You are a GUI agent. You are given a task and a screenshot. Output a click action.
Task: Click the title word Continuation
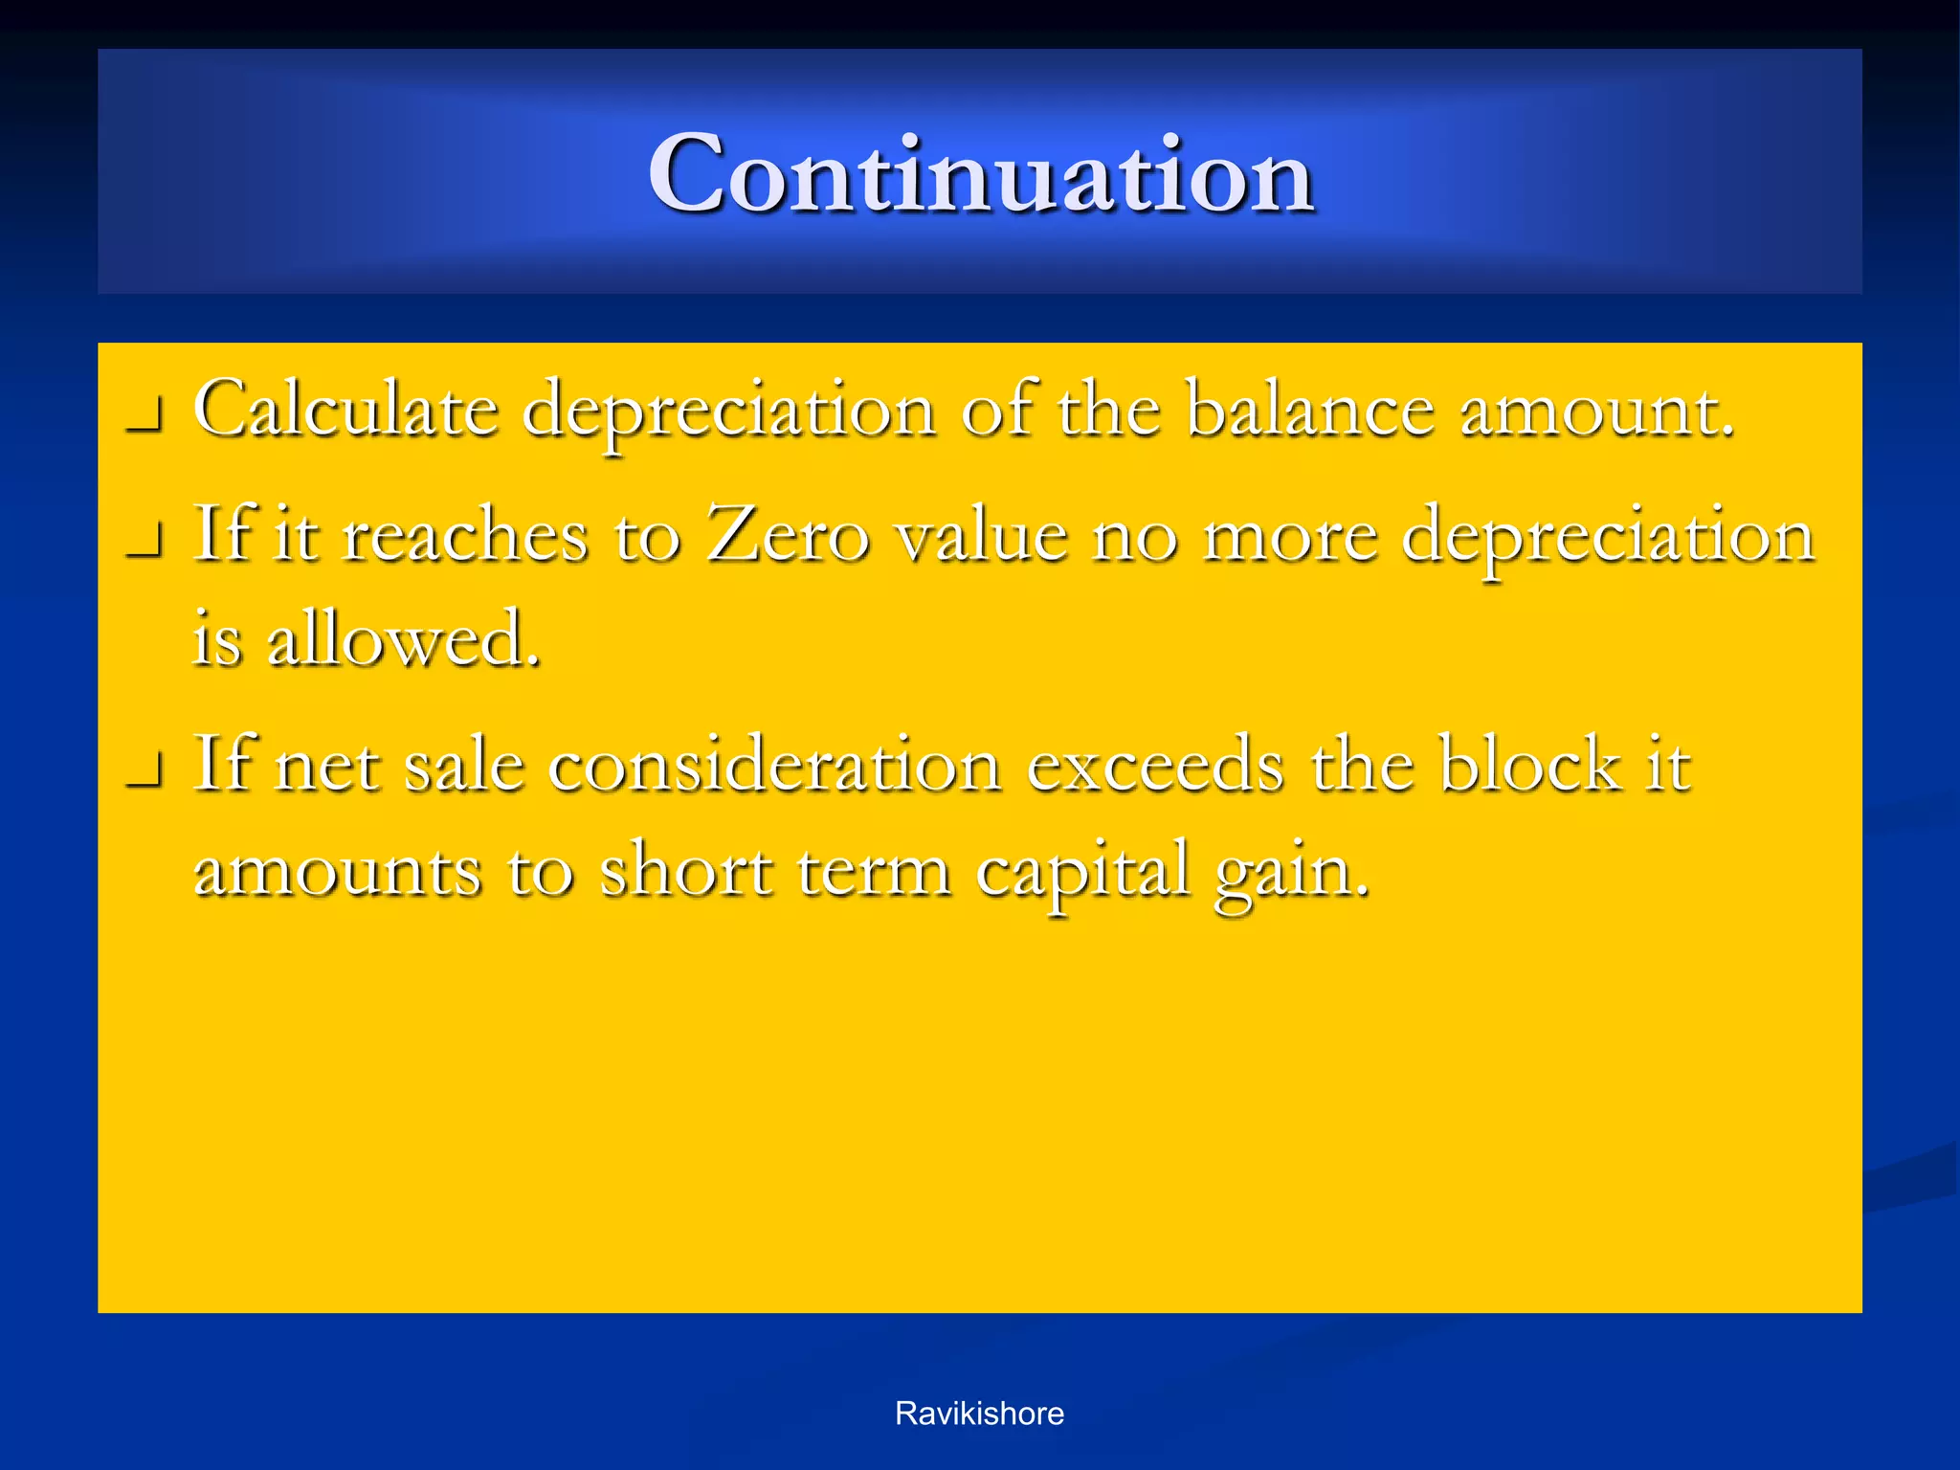pyautogui.click(x=980, y=175)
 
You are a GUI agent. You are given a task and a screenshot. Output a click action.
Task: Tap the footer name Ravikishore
pyautogui.click(x=979, y=1414)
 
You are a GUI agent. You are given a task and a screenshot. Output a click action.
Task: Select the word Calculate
pyautogui.click(x=345, y=410)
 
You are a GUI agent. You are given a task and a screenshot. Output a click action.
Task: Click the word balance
pyautogui.click(x=1309, y=410)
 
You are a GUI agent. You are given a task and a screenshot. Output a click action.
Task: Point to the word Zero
pyautogui.click(x=788, y=534)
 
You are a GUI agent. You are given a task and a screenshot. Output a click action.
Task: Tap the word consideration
pyautogui.click(x=775, y=765)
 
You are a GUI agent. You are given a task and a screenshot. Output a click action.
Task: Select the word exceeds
pyautogui.click(x=1155, y=765)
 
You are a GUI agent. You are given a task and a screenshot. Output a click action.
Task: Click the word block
pyautogui.click(x=1530, y=765)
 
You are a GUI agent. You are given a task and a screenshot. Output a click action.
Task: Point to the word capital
pyautogui.click(x=1084, y=871)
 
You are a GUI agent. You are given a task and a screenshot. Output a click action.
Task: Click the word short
pyautogui.click(x=685, y=870)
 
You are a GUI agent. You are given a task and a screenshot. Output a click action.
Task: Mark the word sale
pyautogui.click(x=464, y=766)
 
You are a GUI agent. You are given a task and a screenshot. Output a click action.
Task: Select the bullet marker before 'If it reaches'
pyautogui.click(x=144, y=545)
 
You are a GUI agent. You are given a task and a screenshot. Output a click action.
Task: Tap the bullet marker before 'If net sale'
pyautogui.click(x=144, y=775)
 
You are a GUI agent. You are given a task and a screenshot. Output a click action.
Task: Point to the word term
pyautogui.click(x=873, y=871)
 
